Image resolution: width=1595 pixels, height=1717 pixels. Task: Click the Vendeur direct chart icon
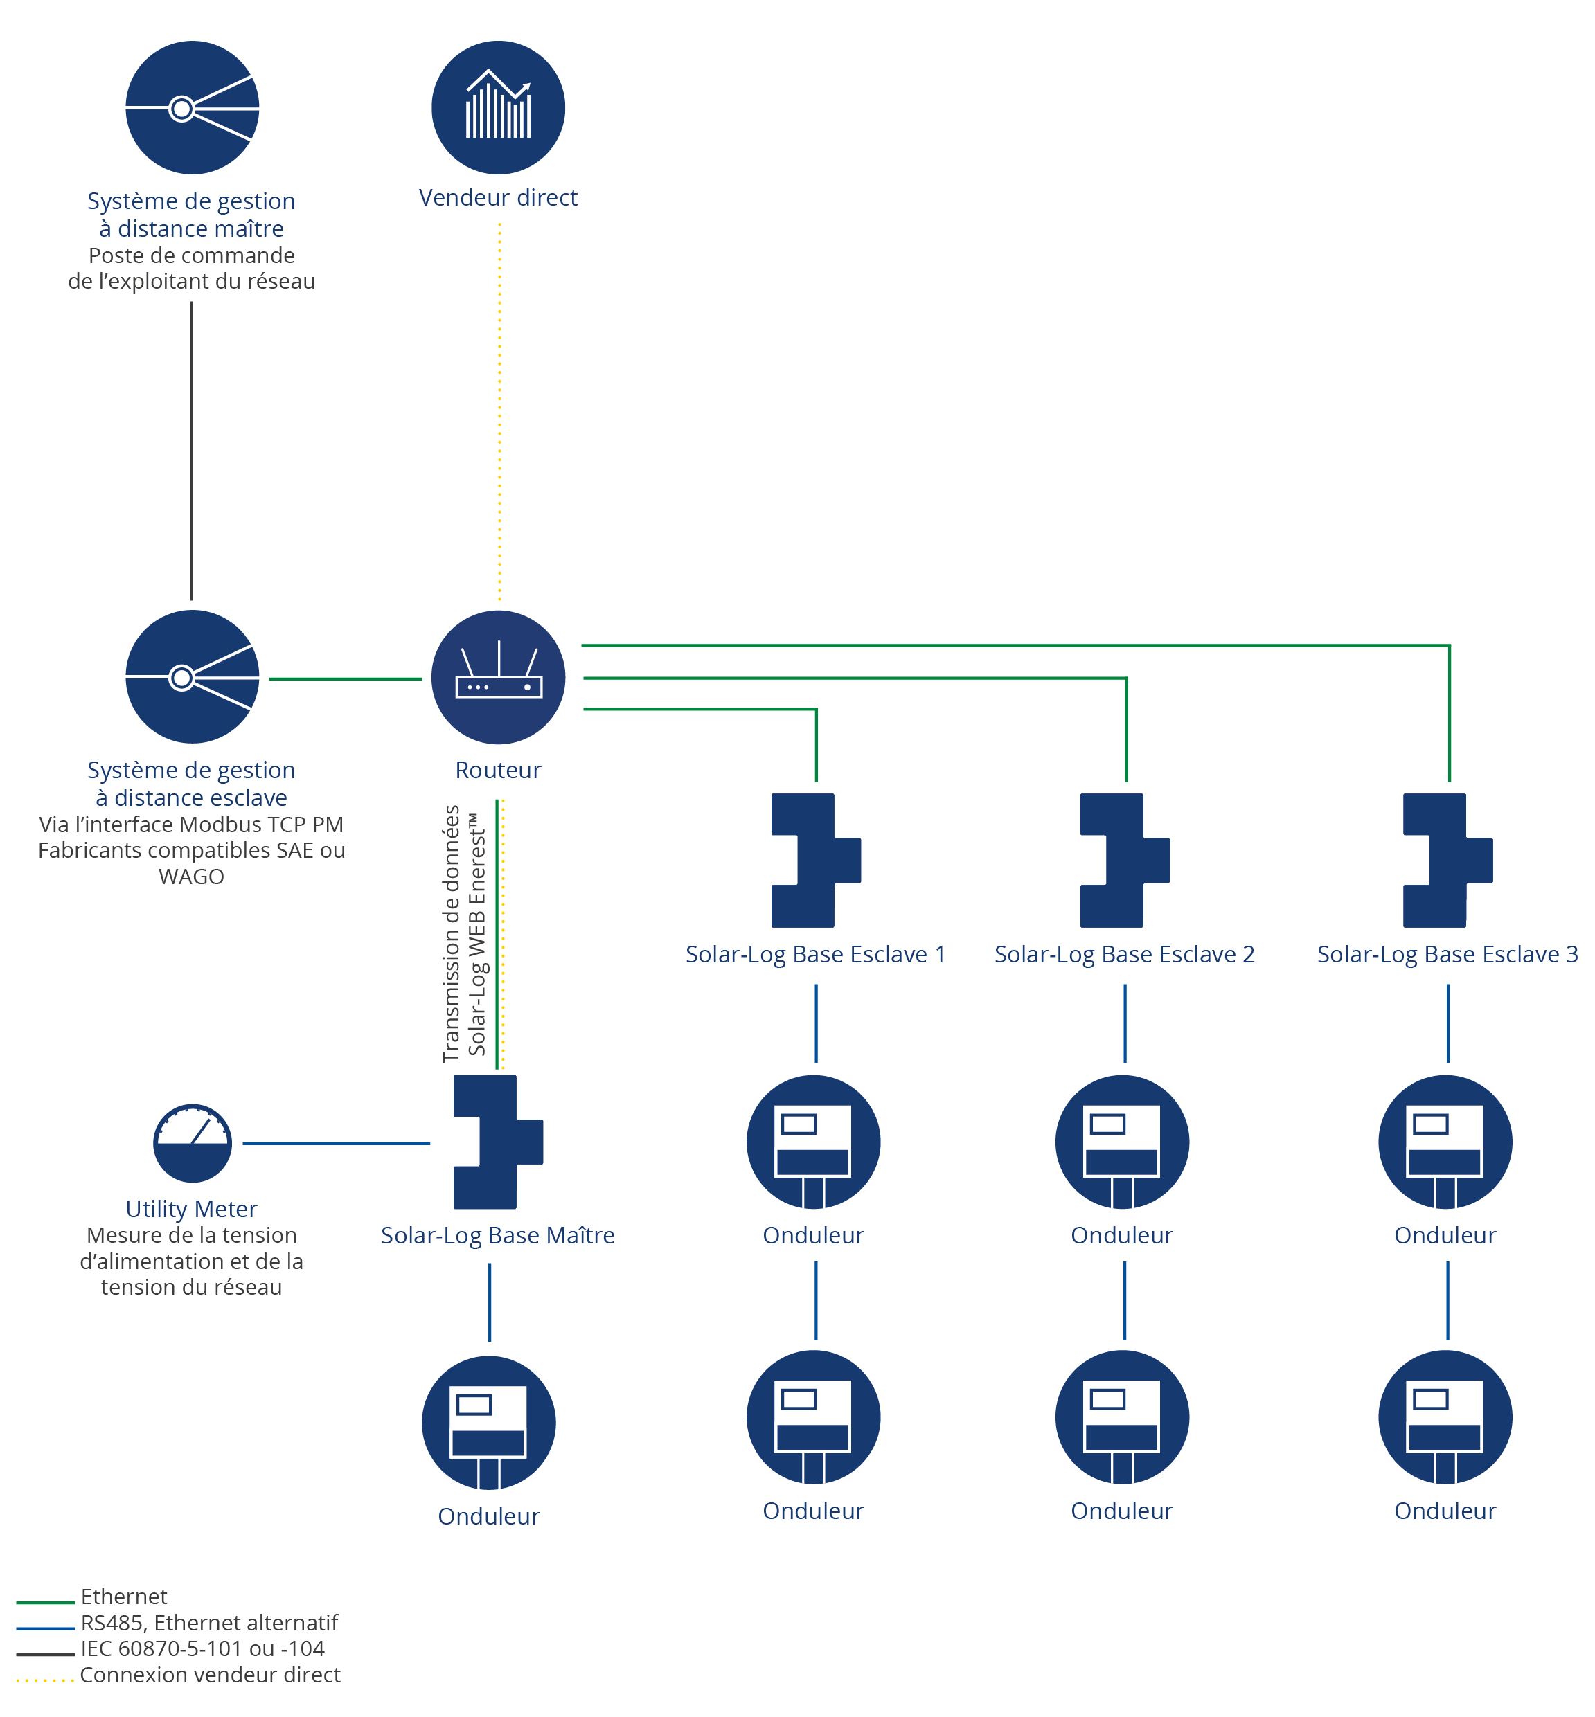498,107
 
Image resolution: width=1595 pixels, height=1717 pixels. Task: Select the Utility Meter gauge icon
193,1142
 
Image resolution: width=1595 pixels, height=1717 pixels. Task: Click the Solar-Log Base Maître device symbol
498,1142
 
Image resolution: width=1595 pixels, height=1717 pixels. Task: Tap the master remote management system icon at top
193,107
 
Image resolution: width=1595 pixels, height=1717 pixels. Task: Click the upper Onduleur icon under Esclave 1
813,1142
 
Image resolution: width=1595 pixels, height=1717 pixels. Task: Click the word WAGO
192,877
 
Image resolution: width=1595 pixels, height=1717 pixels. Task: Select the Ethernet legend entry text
124,1597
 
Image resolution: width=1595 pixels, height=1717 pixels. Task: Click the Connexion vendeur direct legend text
210,1675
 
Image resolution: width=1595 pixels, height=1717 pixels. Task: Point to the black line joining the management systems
192,451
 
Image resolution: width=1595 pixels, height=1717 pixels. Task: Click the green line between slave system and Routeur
345,679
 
